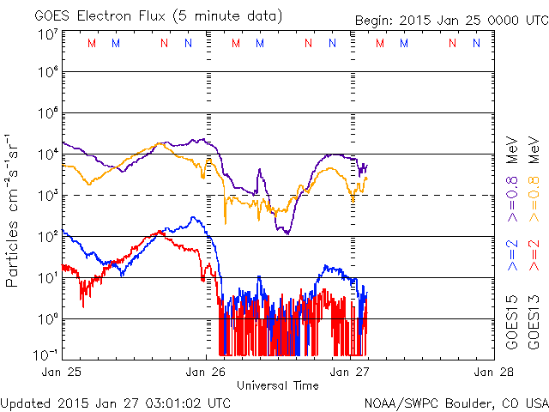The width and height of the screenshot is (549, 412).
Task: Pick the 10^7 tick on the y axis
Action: click(x=47, y=33)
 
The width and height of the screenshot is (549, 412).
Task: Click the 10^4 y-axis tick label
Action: click(x=47, y=154)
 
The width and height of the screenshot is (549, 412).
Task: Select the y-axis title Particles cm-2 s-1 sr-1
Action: click(x=15, y=210)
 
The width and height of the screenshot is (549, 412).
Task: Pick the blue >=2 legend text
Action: click(x=514, y=256)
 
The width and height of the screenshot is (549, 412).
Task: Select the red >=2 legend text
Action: click(x=534, y=256)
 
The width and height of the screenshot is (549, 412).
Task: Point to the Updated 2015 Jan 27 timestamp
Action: click(x=116, y=402)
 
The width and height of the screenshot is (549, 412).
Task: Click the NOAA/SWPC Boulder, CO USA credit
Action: click(x=455, y=402)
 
